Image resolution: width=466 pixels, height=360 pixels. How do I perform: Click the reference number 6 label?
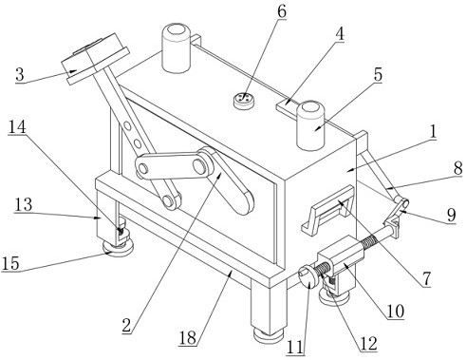click(x=282, y=11)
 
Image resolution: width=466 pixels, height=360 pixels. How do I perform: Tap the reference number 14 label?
click(x=17, y=127)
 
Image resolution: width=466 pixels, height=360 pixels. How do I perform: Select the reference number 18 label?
click(x=188, y=337)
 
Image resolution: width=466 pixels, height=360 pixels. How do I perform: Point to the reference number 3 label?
click(x=20, y=75)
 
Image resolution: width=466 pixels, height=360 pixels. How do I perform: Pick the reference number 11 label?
click(x=295, y=347)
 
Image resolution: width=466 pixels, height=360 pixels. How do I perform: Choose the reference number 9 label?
click(x=451, y=216)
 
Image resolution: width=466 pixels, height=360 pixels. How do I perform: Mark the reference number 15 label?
click(x=10, y=263)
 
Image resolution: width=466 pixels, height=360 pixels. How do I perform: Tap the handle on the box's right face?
click(x=328, y=210)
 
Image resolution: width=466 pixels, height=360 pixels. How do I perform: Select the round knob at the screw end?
click(x=307, y=277)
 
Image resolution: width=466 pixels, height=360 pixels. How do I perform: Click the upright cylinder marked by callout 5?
click(x=311, y=125)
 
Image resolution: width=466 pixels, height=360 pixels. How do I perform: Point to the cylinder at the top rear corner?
click(x=177, y=47)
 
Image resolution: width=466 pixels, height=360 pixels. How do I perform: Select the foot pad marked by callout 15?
click(x=118, y=249)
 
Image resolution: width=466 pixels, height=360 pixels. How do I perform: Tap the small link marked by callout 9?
click(x=397, y=211)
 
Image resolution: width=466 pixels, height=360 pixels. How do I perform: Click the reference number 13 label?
click(x=24, y=205)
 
